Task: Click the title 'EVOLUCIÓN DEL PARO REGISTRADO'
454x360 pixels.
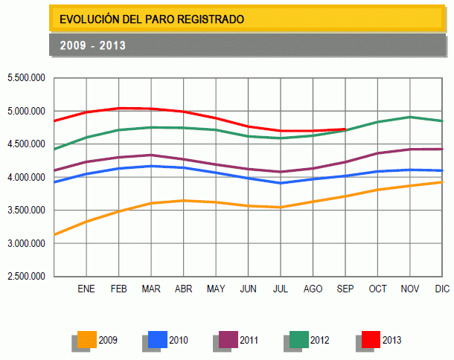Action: click(151, 19)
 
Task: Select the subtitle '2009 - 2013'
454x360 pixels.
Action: click(93, 45)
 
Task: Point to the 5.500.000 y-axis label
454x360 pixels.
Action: click(26, 78)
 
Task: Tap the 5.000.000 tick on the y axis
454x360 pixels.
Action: click(26, 112)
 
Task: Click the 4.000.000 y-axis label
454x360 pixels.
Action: click(26, 178)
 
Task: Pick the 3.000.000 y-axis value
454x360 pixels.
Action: click(26, 244)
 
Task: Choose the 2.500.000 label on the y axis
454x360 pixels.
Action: click(26, 277)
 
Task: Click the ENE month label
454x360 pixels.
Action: click(86, 289)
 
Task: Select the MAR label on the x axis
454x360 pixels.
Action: click(151, 289)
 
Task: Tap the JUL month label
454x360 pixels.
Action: click(281, 289)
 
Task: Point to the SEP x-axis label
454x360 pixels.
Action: click(345, 289)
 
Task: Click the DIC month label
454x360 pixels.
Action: click(442, 289)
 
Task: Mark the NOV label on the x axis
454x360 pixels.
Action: click(410, 289)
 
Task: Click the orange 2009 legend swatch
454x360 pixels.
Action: click(87, 339)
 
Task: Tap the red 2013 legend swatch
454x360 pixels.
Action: click(371, 339)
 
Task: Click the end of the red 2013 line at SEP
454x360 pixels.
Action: click(345, 129)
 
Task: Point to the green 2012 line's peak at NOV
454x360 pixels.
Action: click(410, 117)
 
